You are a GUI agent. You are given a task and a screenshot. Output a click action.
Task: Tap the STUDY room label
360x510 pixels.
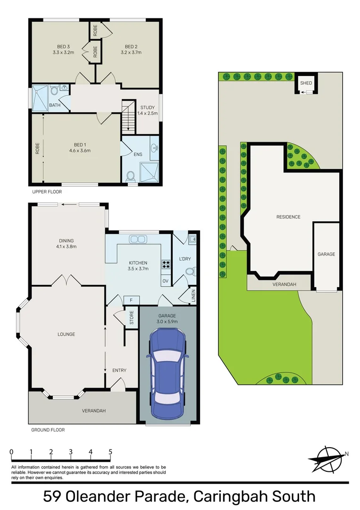coord(147,108)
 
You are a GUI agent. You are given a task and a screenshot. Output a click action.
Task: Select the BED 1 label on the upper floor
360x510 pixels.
coord(79,144)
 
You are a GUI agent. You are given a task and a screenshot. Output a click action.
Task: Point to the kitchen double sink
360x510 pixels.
coord(137,239)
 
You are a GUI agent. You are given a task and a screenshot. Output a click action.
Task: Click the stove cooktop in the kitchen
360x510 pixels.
coord(166,264)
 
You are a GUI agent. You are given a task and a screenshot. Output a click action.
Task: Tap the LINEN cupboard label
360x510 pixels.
coord(193,297)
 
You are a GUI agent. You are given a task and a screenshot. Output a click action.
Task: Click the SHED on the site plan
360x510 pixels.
coord(306,83)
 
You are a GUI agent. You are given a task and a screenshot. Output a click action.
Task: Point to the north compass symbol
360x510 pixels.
coord(327,456)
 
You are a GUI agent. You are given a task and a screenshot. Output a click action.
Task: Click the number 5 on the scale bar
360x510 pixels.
coord(110,452)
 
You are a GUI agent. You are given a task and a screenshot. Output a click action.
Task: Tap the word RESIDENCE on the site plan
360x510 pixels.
coord(288,217)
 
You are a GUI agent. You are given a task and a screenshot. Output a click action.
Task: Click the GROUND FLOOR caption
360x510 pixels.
coord(48,430)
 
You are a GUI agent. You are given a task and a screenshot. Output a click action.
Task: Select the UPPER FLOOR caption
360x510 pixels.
coord(47,192)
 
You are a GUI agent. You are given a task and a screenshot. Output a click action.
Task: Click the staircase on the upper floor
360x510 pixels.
coord(128,118)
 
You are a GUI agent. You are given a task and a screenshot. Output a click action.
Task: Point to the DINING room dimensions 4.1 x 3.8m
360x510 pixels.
coord(67,246)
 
